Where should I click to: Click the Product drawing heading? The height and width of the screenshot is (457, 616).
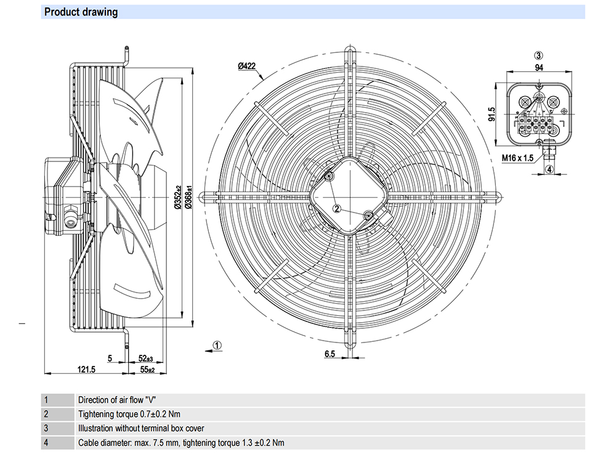(x=81, y=12)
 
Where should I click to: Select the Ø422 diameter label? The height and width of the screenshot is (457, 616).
(x=247, y=66)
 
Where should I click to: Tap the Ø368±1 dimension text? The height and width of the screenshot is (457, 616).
(x=189, y=197)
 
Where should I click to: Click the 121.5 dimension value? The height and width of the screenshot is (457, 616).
(x=86, y=370)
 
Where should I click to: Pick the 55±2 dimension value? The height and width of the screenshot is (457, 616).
(x=147, y=370)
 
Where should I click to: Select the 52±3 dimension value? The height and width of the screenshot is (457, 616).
(x=146, y=358)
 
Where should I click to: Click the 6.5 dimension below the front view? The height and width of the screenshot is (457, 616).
(x=330, y=354)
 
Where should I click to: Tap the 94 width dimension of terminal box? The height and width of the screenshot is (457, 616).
(x=539, y=68)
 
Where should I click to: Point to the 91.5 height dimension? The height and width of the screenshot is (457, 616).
(x=492, y=114)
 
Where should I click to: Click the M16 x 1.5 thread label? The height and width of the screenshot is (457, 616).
(x=518, y=158)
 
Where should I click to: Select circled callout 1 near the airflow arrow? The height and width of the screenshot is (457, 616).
(x=217, y=346)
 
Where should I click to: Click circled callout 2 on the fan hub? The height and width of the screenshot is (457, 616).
(x=337, y=209)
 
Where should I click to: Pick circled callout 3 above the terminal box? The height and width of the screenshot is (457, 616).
(x=538, y=56)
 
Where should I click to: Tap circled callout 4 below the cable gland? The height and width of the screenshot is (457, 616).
(x=549, y=169)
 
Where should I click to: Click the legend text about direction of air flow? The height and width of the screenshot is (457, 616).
(x=117, y=400)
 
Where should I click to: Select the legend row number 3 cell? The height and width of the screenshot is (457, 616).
(x=57, y=428)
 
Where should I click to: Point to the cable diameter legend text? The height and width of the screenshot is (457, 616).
(x=181, y=443)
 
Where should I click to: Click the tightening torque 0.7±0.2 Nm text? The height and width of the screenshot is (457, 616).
(x=129, y=414)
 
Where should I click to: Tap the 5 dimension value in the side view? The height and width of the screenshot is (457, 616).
(x=110, y=358)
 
